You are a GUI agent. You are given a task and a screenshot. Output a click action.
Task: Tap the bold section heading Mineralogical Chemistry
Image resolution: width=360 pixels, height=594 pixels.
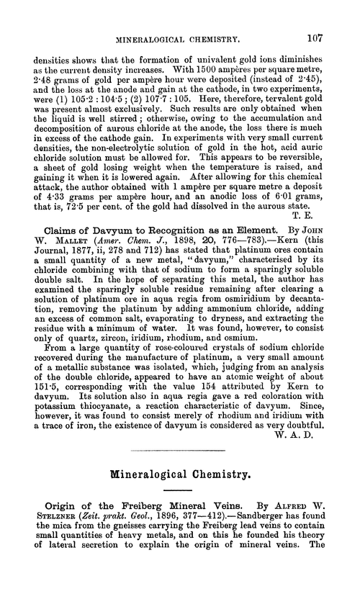180,477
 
